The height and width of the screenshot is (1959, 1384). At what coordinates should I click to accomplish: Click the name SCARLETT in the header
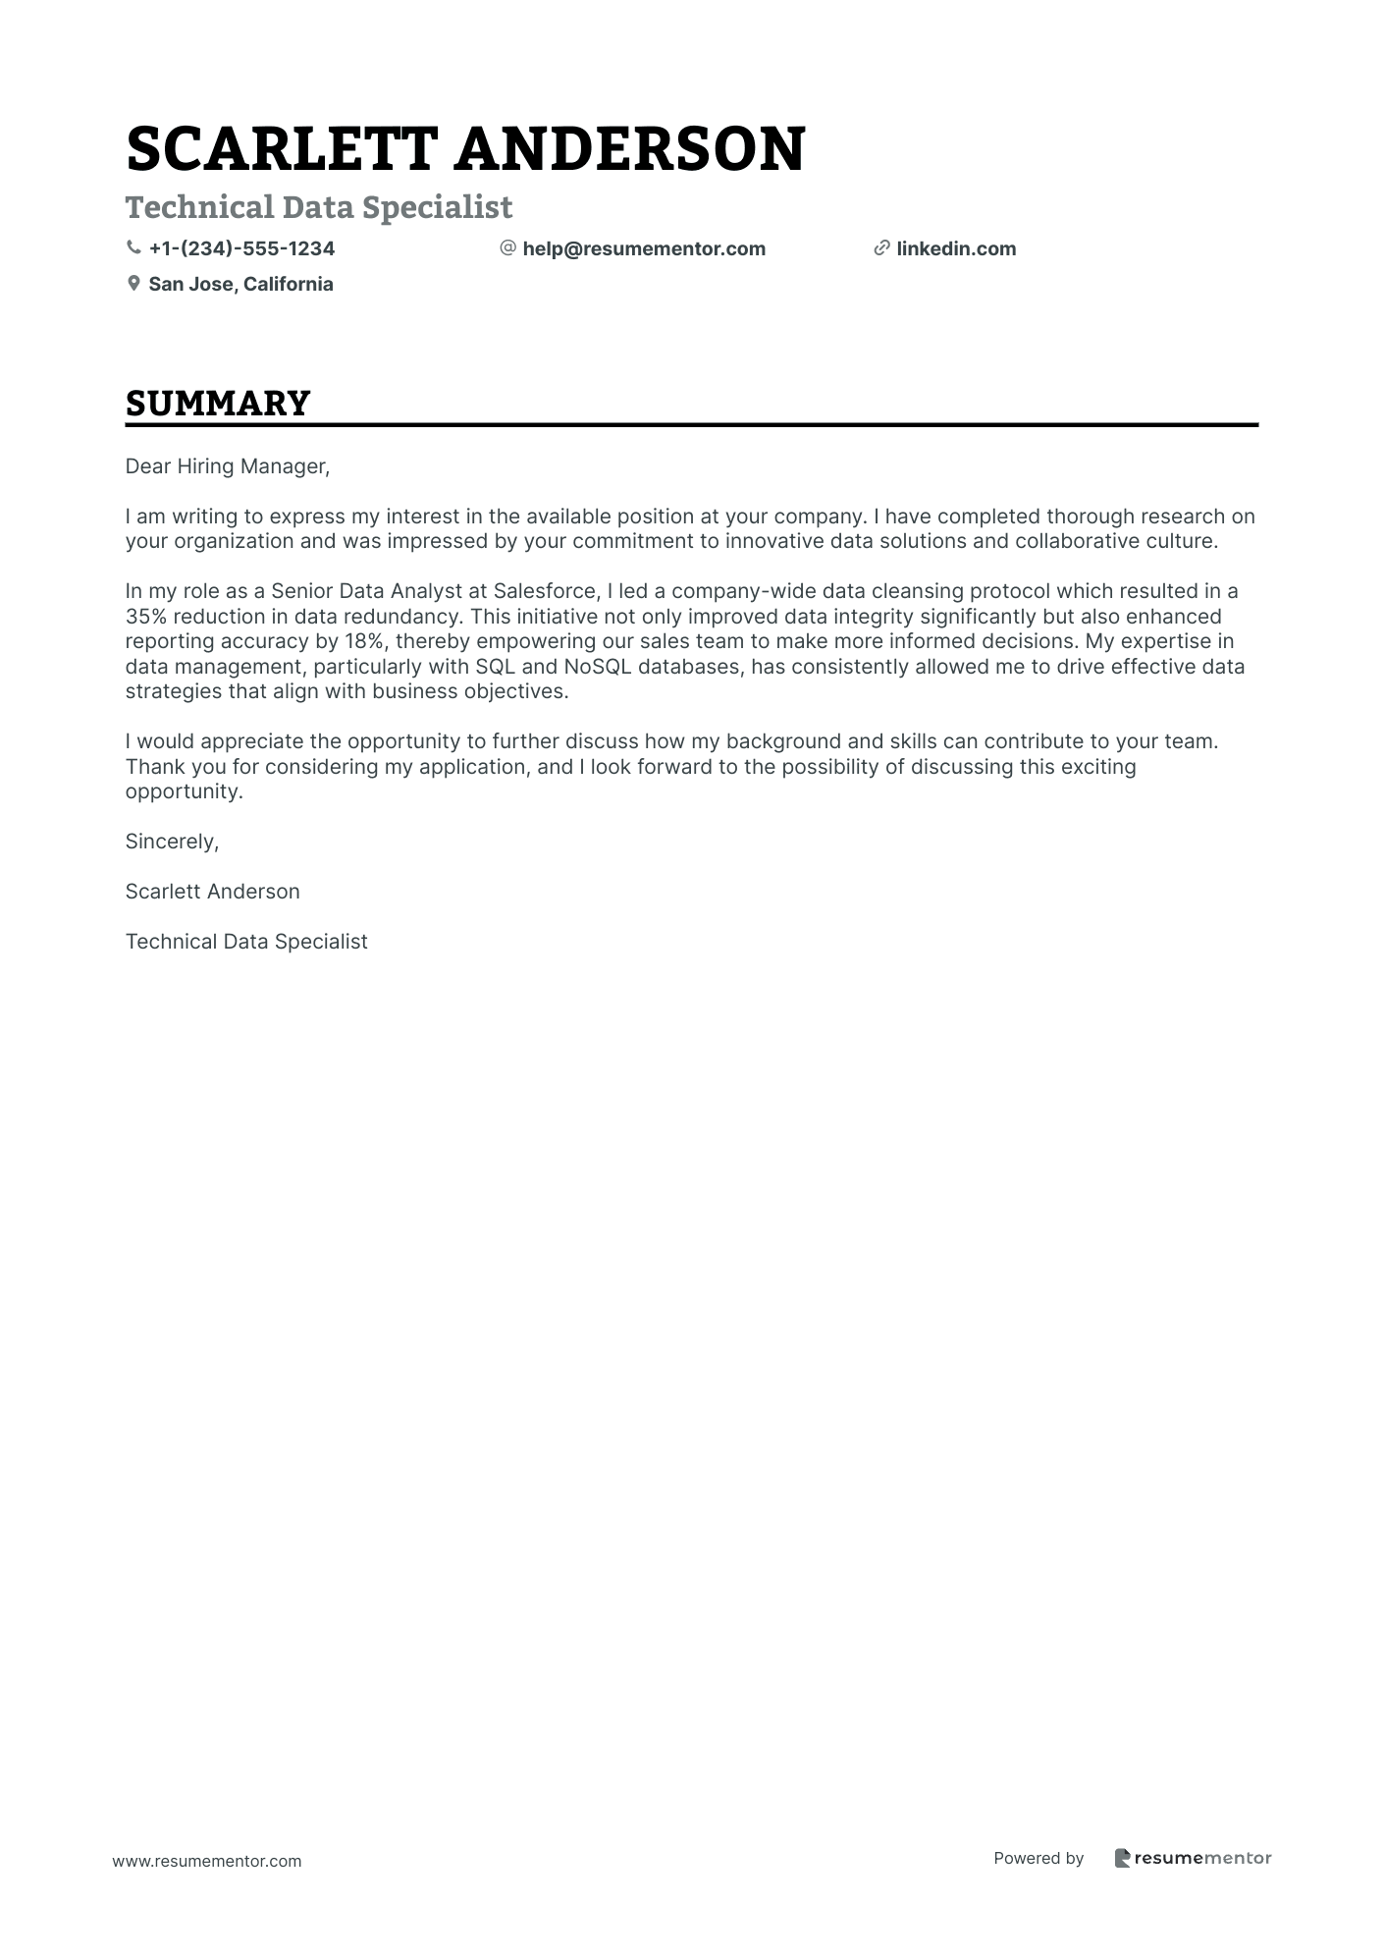point(281,150)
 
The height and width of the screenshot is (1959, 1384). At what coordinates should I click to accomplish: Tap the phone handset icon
point(133,248)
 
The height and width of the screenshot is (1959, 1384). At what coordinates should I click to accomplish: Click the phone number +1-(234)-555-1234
point(241,248)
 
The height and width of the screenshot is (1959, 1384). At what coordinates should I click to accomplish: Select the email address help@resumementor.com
point(644,248)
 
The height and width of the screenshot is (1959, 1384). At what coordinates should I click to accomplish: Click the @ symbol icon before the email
point(507,248)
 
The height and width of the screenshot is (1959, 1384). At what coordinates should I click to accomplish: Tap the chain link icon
point(881,248)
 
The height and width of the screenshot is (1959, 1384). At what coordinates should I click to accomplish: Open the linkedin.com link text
point(956,248)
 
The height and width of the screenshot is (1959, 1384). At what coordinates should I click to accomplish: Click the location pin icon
point(133,284)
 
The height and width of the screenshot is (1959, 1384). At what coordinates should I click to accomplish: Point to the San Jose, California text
point(240,284)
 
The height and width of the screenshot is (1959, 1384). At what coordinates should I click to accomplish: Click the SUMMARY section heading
point(218,404)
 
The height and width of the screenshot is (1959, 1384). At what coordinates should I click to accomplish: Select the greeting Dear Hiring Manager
point(227,466)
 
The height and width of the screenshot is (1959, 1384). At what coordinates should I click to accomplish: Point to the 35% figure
point(144,617)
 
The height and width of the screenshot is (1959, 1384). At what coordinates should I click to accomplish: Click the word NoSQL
point(597,667)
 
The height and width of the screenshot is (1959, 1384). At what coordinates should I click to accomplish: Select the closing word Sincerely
point(172,842)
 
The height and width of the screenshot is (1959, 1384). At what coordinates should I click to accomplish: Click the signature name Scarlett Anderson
point(212,892)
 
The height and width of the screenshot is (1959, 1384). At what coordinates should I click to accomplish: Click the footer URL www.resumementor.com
point(207,1861)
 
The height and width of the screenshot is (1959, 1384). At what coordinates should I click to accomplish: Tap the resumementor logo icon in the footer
point(1122,1858)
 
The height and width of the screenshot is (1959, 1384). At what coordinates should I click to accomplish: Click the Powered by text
point(1038,1858)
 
